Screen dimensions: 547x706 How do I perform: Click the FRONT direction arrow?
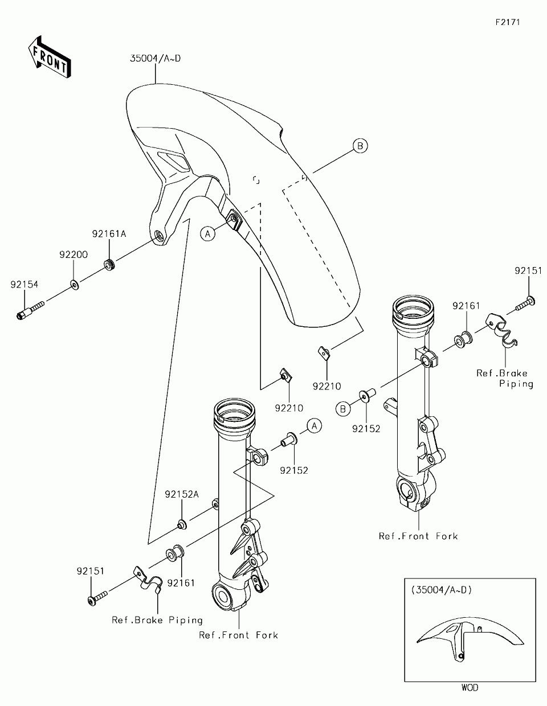tap(50, 58)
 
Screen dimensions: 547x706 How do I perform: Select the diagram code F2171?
tap(508, 22)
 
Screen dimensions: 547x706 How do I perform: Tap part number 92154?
tap(25, 285)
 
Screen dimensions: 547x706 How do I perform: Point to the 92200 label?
tap(74, 255)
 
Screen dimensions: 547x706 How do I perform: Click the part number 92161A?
tap(109, 234)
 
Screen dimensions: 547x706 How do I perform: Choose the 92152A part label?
tap(182, 494)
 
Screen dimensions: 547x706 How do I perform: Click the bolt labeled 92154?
tap(30, 310)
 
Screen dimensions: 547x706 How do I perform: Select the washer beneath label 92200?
tap(75, 285)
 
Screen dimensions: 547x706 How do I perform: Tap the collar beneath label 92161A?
tap(109, 265)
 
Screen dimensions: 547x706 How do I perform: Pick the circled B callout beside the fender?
tap(360, 146)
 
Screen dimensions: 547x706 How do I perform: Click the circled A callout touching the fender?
tap(207, 233)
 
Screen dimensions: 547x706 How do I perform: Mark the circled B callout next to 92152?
tap(343, 409)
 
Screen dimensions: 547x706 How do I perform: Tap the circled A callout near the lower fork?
tap(314, 426)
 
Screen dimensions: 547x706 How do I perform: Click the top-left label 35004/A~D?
tap(156, 59)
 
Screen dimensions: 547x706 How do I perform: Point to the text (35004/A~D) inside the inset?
tap(442, 590)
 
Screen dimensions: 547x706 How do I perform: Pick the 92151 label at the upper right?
tap(528, 270)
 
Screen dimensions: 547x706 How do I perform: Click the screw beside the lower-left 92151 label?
tap(97, 598)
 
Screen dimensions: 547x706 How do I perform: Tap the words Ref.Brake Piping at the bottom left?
tap(157, 620)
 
